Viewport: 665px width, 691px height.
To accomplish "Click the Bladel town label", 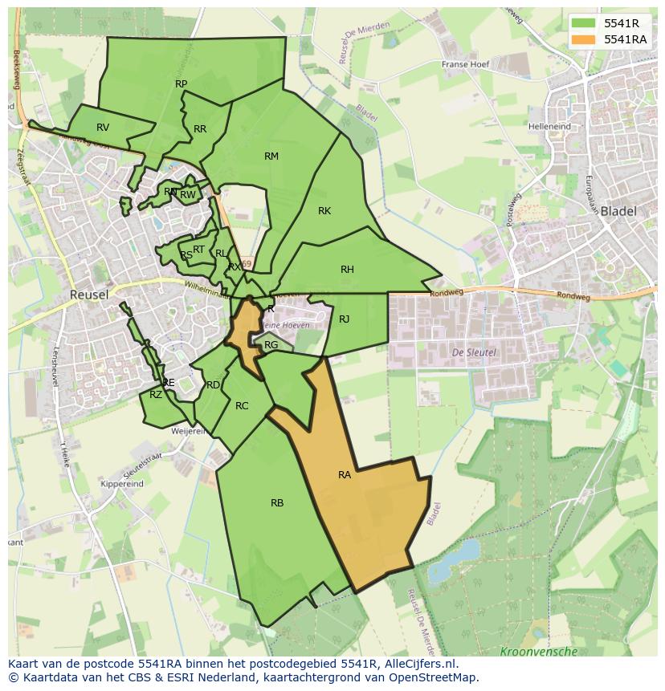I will pos(618,211).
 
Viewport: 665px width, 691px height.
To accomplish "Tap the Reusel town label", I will pos(89,295).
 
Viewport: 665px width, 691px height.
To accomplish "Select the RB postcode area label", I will pos(277,503).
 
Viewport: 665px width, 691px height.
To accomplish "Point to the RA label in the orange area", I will pos(345,475).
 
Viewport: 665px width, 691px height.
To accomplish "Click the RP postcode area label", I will pos(182,84).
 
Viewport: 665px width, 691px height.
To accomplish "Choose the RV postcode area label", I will pos(103,128).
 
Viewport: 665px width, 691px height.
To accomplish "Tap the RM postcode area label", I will pos(271,156).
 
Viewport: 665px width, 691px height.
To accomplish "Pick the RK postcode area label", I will pos(324,211).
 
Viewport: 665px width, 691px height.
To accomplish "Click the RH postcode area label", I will pos(347,270).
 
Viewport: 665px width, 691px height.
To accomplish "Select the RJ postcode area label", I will pos(345,319).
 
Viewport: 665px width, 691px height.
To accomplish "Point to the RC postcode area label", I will pos(242,406).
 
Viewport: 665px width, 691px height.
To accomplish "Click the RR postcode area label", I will pos(200,129).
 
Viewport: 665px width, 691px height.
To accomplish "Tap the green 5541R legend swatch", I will pos(584,23).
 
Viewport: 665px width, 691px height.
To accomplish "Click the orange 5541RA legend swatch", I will pos(584,39).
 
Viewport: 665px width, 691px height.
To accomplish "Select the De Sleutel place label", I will pos(475,352).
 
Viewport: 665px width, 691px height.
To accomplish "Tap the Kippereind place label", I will pos(122,484).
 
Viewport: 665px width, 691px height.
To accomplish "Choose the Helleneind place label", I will pos(550,127).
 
